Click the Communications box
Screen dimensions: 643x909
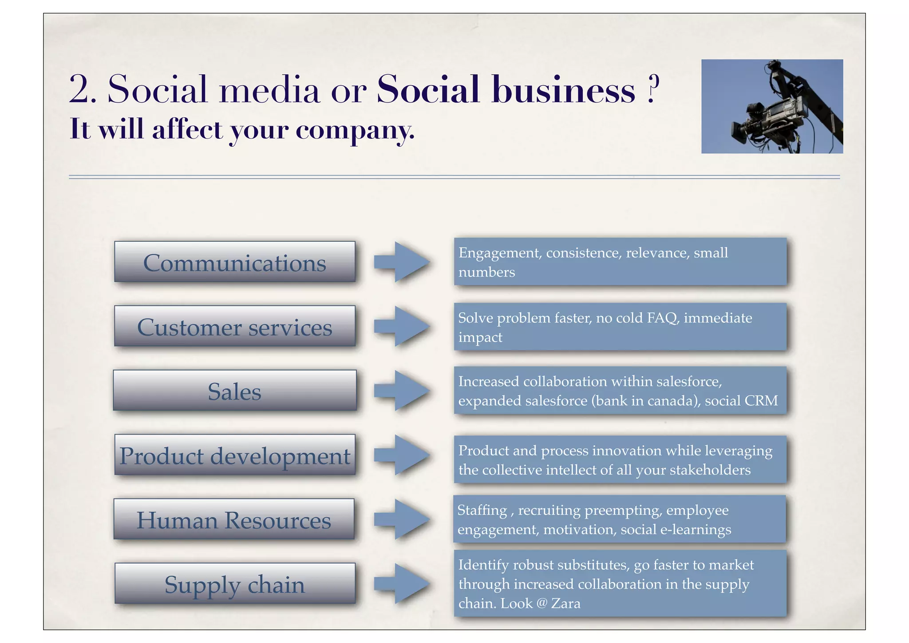tap(235, 262)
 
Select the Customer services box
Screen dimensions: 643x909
tap(235, 326)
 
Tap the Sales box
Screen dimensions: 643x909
tap(235, 391)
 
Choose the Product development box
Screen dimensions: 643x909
tap(235, 455)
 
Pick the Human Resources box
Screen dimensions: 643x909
tap(234, 519)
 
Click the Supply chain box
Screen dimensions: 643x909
tap(235, 583)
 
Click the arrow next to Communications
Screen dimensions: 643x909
tap(402, 262)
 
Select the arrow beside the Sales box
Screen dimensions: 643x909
tap(402, 391)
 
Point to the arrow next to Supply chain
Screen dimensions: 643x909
tap(402, 583)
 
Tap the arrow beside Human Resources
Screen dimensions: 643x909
tap(402, 519)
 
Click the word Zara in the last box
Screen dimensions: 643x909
tap(565, 603)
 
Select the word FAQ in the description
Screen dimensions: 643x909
tap(663, 318)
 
